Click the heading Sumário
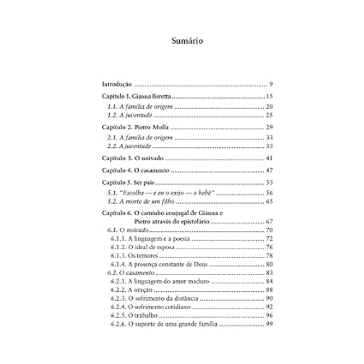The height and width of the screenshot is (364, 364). [x=181, y=41]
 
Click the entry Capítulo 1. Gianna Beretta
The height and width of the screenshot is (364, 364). [x=130, y=97]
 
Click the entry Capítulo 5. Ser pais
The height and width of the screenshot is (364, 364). [x=123, y=183]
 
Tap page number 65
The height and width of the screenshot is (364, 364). [x=269, y=201]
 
